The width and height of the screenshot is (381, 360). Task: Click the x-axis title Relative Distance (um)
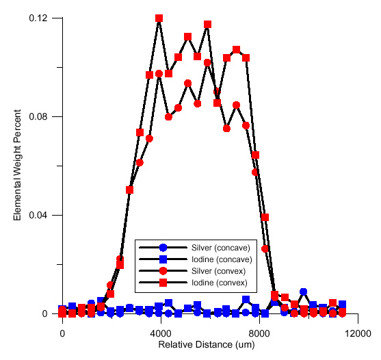click(x=209, y=347)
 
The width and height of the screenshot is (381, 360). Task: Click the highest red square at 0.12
click(x=159, y=18)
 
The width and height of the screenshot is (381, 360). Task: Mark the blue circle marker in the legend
click(x=163, y=247)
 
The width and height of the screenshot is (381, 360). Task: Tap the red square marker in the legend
click(x=163, y=282)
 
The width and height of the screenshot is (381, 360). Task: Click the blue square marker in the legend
click(x=163, y=259)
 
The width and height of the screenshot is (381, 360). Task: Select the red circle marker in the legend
click(x=163, y=270)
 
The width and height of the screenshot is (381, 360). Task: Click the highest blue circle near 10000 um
click(x=303, y=292)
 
